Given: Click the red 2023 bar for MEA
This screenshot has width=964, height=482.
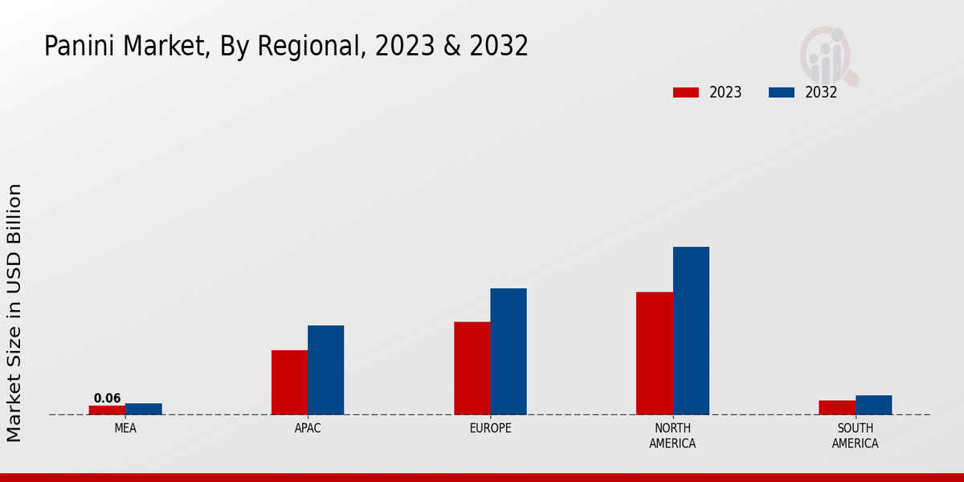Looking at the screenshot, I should tap(107, 410).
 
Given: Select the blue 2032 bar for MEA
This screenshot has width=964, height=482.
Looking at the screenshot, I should tap(143, 409).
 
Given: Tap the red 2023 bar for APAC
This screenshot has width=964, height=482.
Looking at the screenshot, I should tap(289, 382).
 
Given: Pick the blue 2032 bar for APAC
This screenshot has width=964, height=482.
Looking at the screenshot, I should tap(325, 370).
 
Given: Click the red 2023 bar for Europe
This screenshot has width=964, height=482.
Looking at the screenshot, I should tap(472, 368).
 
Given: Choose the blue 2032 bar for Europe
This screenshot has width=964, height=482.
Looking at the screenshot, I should tap(509, 351).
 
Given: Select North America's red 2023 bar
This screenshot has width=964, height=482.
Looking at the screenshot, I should tap(654, 353).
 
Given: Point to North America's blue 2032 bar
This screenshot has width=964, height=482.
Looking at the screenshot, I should tap(691, 330).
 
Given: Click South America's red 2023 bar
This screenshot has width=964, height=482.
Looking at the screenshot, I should tap(837, 407).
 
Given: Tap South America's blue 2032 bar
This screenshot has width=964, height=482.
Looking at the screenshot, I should tap(873, 405).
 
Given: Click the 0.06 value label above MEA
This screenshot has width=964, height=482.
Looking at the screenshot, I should tap(107, 398).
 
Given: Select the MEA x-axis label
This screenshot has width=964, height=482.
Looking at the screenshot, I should tap(125, 428).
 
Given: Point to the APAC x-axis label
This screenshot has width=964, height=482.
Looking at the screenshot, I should tap(308, 428).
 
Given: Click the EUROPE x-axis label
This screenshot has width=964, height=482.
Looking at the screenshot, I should tap(490, 428).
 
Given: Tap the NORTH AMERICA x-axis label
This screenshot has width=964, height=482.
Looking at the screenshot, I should tap(672, 435).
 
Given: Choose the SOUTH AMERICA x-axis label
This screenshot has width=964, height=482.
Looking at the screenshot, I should tap(855, 435).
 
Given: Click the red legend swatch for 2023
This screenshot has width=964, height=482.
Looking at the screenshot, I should tap(685, 92).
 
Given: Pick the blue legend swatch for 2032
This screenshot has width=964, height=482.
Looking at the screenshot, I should tap(781, 92).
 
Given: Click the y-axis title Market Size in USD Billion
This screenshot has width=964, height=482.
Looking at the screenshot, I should tap(14, 312).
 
